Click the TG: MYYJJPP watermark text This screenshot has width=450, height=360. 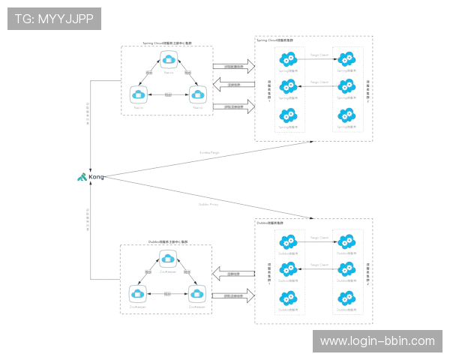coord(54,19)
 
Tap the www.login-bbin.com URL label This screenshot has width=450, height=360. coord(377,341)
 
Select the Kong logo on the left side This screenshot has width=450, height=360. coord(84,178)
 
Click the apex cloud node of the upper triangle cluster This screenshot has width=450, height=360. coord(168,58)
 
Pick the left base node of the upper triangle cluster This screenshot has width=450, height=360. coord(138,94)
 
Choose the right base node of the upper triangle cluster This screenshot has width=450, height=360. coord(197,94)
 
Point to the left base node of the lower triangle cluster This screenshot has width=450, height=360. coord(138,293)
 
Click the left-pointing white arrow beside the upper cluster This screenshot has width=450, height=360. coord(232,85)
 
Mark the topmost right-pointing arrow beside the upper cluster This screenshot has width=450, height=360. coord(234,67)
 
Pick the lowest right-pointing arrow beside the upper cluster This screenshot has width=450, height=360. coord(234,107)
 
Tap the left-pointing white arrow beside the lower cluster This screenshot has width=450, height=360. coord(232,273)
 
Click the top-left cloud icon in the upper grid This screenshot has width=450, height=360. coord(287,58)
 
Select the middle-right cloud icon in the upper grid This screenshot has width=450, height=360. coord(345,85)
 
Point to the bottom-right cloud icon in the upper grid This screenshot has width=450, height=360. coord(345,115)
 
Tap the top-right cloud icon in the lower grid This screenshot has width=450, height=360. coord(345,241)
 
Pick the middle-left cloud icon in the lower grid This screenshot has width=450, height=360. coord(287,268)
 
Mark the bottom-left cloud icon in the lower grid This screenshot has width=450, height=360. coord(287,298)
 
